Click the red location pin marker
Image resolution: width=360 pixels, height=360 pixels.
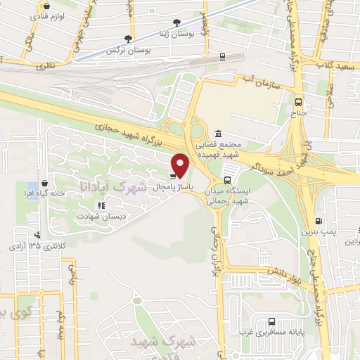pyautogui.click(x=181, y=165)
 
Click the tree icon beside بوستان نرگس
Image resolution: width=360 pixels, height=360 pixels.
pyautogui.click(x=128, y=39)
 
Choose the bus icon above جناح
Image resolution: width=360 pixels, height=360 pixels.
pyautogui.click(x=298, y=100)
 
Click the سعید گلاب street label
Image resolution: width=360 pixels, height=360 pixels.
pyautogui.click(x=338, y=65)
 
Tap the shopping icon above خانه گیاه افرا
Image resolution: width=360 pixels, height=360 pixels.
pyautogui.click(x=45, y=182)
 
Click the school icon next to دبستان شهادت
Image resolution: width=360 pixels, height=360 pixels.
pyautogui.click(x=101, y=205)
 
